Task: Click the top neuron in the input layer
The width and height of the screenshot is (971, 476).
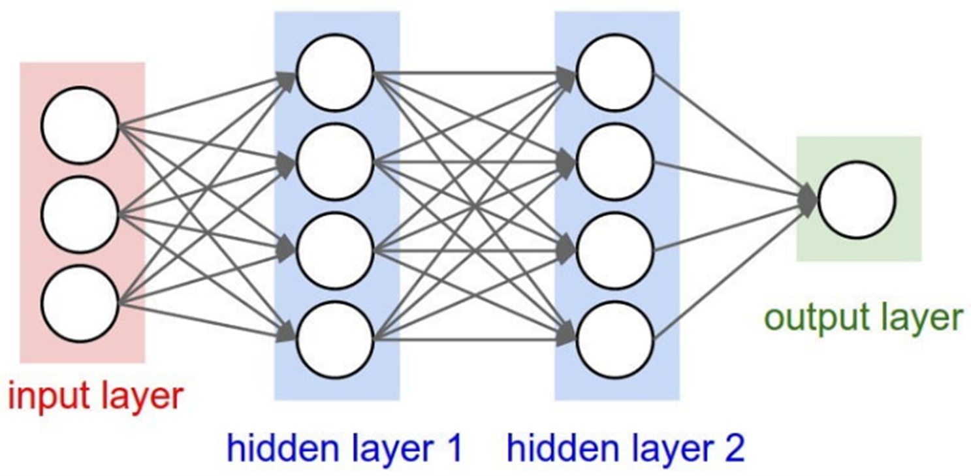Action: pos(80,125)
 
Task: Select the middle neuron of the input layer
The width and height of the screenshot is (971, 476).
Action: pos(80,214)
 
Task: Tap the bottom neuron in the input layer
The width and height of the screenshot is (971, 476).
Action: pos(80,304)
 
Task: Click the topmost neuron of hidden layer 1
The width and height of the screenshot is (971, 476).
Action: pos(335,72)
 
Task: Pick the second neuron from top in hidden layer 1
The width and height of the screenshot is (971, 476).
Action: pos(335,162)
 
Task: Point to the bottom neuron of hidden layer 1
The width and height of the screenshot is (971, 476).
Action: pos(335,340)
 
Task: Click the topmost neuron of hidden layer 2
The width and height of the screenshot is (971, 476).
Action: pos(615,72)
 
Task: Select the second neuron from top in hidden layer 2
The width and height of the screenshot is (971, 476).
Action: pos(615,162)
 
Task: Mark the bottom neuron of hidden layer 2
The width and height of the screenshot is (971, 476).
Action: pos(615,340)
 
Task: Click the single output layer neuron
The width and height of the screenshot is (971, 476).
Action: pos(857,200)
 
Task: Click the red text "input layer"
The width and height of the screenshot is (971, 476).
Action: pos(94,396)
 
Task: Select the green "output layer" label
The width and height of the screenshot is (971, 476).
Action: pos(863,318)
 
